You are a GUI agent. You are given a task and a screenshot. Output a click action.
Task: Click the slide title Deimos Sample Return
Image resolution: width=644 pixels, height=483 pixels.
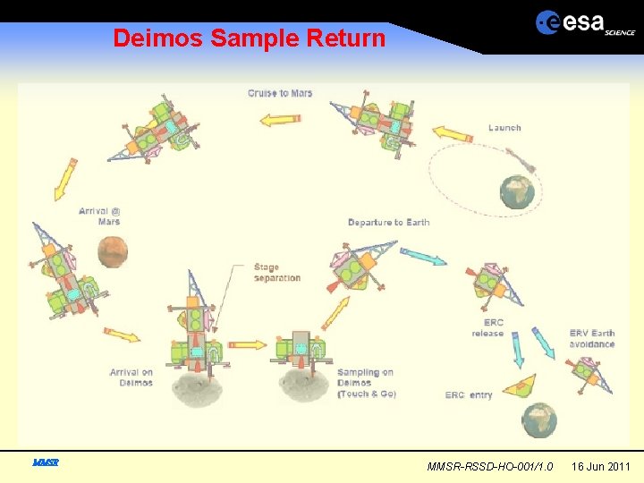click(249, 38)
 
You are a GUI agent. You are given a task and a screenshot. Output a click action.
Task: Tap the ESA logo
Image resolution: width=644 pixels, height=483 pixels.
click(585, 23)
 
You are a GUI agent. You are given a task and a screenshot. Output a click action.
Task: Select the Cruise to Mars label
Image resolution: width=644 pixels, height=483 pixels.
click(280, 93)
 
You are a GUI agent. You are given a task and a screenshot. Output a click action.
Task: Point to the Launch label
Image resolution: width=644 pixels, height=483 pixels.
click(504, 128)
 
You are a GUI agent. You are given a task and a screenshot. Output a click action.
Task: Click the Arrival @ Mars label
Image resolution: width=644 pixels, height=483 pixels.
click(99, 216)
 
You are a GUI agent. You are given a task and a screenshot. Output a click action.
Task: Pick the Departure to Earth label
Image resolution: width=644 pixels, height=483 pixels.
click(388, 222)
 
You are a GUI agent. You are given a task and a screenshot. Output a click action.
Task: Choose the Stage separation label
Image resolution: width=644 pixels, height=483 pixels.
click(277, 272)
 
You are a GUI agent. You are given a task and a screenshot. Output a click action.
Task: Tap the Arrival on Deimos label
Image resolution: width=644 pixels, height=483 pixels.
click(131, 377)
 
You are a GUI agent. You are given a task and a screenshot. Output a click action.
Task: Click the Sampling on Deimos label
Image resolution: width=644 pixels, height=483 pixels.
click(366, 383)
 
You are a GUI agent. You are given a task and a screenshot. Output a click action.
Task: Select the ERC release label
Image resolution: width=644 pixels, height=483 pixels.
click(487, 328)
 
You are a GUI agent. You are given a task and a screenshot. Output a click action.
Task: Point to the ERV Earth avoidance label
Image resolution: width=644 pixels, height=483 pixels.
click(592, 339)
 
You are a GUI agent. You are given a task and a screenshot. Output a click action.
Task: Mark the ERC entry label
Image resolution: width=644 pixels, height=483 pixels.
click(469, 395)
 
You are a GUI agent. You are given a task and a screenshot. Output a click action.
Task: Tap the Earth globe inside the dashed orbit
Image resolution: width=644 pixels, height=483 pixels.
click(517, 191)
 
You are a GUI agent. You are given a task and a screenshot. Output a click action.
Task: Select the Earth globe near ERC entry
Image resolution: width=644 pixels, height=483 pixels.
click(539, 418)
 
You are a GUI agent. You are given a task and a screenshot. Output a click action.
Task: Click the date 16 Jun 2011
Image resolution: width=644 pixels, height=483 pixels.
click(601, 466)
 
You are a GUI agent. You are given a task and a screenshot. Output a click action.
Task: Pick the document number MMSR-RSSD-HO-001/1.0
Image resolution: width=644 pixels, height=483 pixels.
click(490, 466)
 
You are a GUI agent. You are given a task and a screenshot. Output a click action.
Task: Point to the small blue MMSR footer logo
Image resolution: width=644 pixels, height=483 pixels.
click(45, 462)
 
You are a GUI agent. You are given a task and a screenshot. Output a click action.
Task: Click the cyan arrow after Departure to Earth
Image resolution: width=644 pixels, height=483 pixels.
click(422, 257)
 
